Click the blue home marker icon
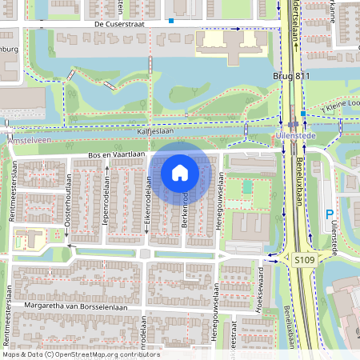(180, 172)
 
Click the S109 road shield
(303, 259)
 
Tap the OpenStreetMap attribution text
(80, 354)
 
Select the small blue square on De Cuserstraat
(170, 22)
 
